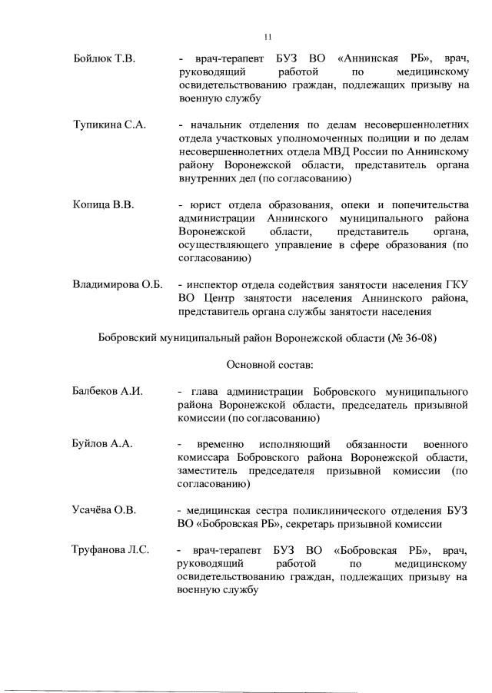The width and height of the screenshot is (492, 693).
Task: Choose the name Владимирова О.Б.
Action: pos(118,285)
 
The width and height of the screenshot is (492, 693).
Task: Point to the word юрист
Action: pos(202,205)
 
